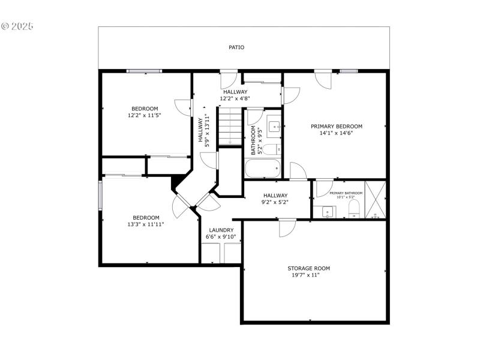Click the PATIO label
[x=236, y=47]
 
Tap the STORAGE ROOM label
[x=309, y=268]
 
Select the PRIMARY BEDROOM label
[x=336, y=126]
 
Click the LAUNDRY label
[x=221, y=230]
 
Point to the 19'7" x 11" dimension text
[x=306, y=275]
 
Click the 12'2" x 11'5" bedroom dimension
[x=145, y=115]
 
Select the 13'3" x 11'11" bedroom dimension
[x=146, y=224]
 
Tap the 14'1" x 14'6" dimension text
[x=336, y=133]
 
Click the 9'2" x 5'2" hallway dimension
[x=275, y=202]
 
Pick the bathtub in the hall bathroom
[x=263, y=169]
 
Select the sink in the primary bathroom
[x=328, y=211]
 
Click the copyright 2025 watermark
[x=17, y=26]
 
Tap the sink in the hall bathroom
[x=275, y=126]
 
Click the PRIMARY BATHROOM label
[x=346, y=193]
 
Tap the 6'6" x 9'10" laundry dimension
[x=221, y=237]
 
